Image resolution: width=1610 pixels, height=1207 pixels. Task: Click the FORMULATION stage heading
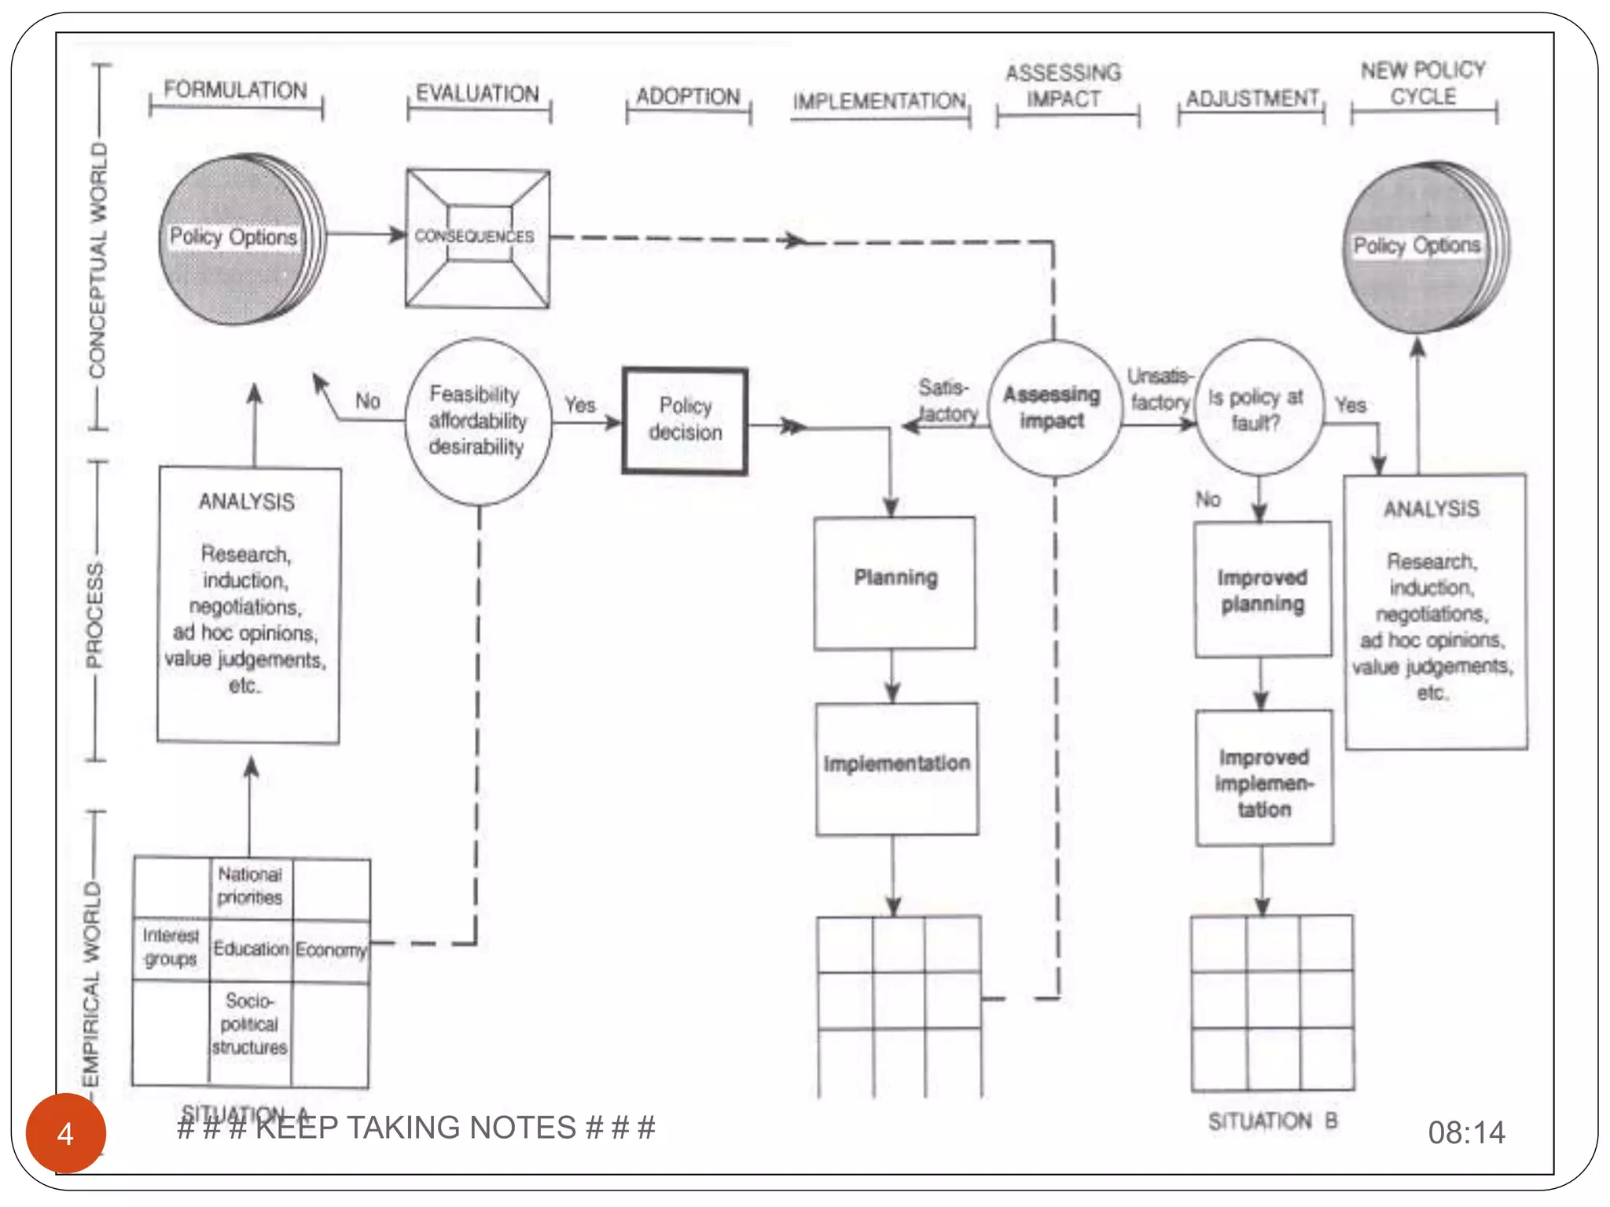235,90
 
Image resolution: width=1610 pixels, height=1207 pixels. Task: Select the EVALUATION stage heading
477,94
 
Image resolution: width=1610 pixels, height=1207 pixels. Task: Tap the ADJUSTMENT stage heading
1252,99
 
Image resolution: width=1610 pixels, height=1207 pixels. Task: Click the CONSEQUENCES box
476,237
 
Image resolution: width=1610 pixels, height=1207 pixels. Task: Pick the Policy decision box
685,420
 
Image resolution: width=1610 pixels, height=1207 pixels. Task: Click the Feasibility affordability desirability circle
477,421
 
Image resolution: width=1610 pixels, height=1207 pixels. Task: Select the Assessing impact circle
1053,408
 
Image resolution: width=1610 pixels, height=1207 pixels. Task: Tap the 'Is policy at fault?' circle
1256,409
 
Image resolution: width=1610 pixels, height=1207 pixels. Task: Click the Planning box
895,581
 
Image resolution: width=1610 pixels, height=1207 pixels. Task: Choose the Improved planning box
1263,590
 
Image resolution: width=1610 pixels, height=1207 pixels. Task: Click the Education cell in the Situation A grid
251,949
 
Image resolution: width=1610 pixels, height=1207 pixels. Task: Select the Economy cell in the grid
331,950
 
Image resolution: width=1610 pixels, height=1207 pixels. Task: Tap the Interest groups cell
171,948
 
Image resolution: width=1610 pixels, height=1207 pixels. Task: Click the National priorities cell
250,886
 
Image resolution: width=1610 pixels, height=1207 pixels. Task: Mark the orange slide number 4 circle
65,1133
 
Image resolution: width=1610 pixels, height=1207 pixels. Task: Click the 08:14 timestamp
1466,1132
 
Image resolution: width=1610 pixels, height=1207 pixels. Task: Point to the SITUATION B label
1272,1121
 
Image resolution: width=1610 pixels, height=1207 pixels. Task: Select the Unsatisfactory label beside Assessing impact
1160,389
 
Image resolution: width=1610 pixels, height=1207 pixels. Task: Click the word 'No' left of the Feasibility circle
367,402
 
